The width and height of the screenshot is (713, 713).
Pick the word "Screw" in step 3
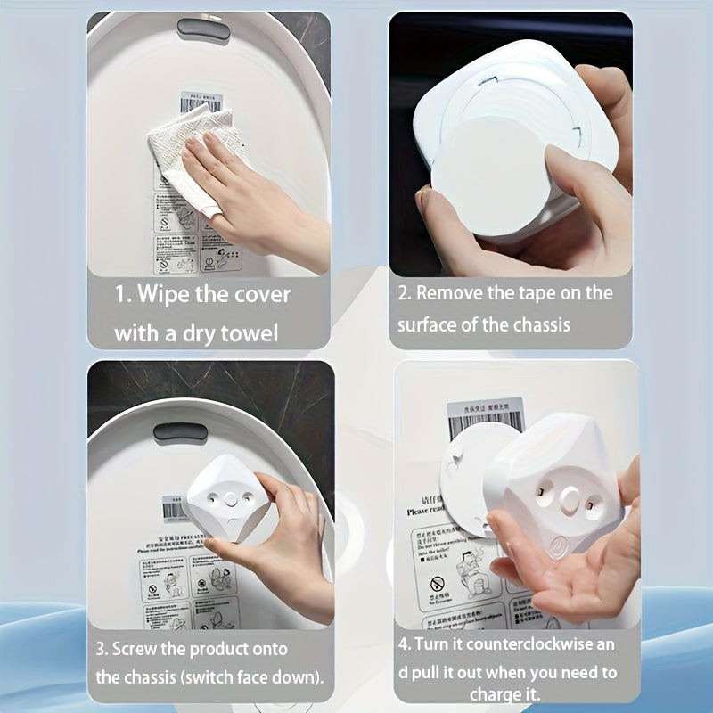point(140,649)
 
